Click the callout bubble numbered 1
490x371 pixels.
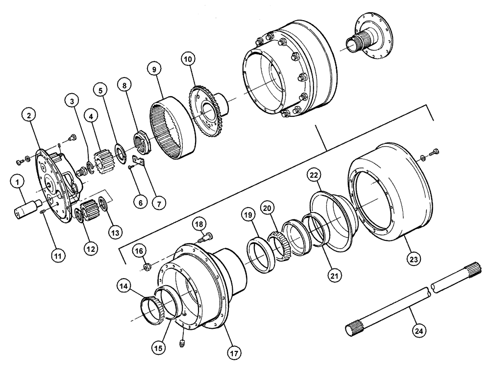coord(18,183)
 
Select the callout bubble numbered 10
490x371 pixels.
coord(188,59)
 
